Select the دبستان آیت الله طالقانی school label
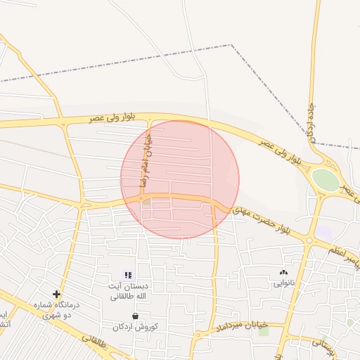pos(127,291)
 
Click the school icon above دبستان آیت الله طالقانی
pos(127,275)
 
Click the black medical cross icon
pos(56,294)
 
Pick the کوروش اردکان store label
pos(136,327)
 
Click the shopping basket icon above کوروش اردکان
pos(135,316)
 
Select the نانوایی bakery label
pos(283,283)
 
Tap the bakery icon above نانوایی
pos(283,272)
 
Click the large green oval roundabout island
pos(325,179)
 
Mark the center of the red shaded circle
pos(180,179)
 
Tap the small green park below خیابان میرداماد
pos(264,331)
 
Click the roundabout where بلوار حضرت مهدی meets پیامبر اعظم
pos(309,240)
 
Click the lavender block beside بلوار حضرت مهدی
pos(323,232)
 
